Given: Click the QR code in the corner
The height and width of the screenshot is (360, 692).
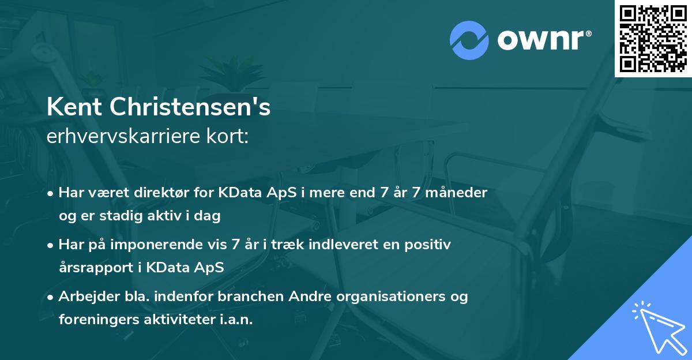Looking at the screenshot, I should point(653,38).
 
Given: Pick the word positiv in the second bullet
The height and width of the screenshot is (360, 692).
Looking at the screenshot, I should point(430,245).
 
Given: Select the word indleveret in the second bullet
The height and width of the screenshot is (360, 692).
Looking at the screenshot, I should point(324,245).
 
